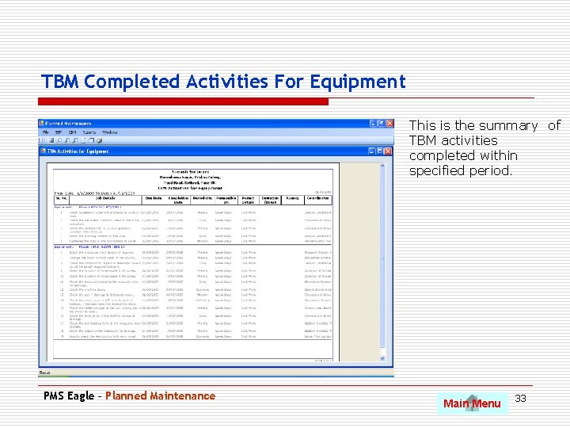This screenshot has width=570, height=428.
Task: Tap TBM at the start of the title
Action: (x=59, y=82)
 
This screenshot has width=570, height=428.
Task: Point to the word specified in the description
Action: (x=435, y=170)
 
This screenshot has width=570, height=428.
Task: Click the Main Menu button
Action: (x=473, y=403)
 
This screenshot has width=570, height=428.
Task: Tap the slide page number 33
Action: (x=521, y=397)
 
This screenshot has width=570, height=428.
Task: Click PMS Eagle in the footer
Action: (x=69, y=396)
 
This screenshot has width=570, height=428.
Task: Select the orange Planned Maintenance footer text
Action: (x=160, y=396)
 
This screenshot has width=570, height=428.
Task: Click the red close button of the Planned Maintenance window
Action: (x=389, y=124)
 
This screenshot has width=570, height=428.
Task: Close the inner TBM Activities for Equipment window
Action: (x=389, y=150)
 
